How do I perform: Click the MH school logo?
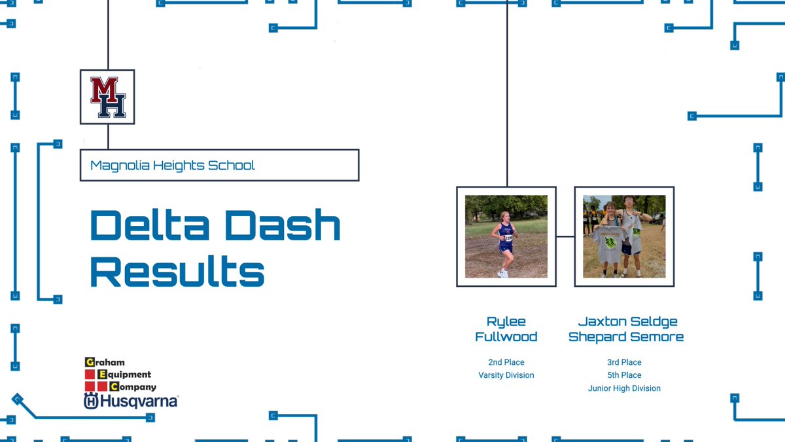coord(107,97)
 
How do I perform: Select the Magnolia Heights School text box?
coord(219,165)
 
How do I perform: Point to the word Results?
coord(177,271)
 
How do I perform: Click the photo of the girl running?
coord(506,236)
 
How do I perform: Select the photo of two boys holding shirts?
coord(624,236)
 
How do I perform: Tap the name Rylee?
coord(506,322)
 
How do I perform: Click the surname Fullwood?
coord(506,337)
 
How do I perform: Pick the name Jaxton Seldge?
coord(627,322)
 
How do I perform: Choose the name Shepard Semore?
coord(626,337)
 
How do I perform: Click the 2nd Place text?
coord(506,362)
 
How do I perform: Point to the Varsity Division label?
coord(506,375)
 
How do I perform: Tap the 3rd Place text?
coord(624,362)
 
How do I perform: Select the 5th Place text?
coord(624,375)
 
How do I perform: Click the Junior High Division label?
coord(624,388)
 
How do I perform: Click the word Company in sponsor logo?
coord(137,387)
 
